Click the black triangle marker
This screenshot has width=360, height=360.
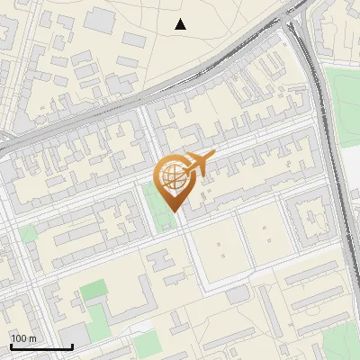coord(181,24)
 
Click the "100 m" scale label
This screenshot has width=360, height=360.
coord(23,338)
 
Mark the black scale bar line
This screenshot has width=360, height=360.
coord(41,346)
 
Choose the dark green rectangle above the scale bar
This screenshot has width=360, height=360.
coord(93,291)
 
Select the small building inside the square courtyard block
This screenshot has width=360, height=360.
coord(313,216)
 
